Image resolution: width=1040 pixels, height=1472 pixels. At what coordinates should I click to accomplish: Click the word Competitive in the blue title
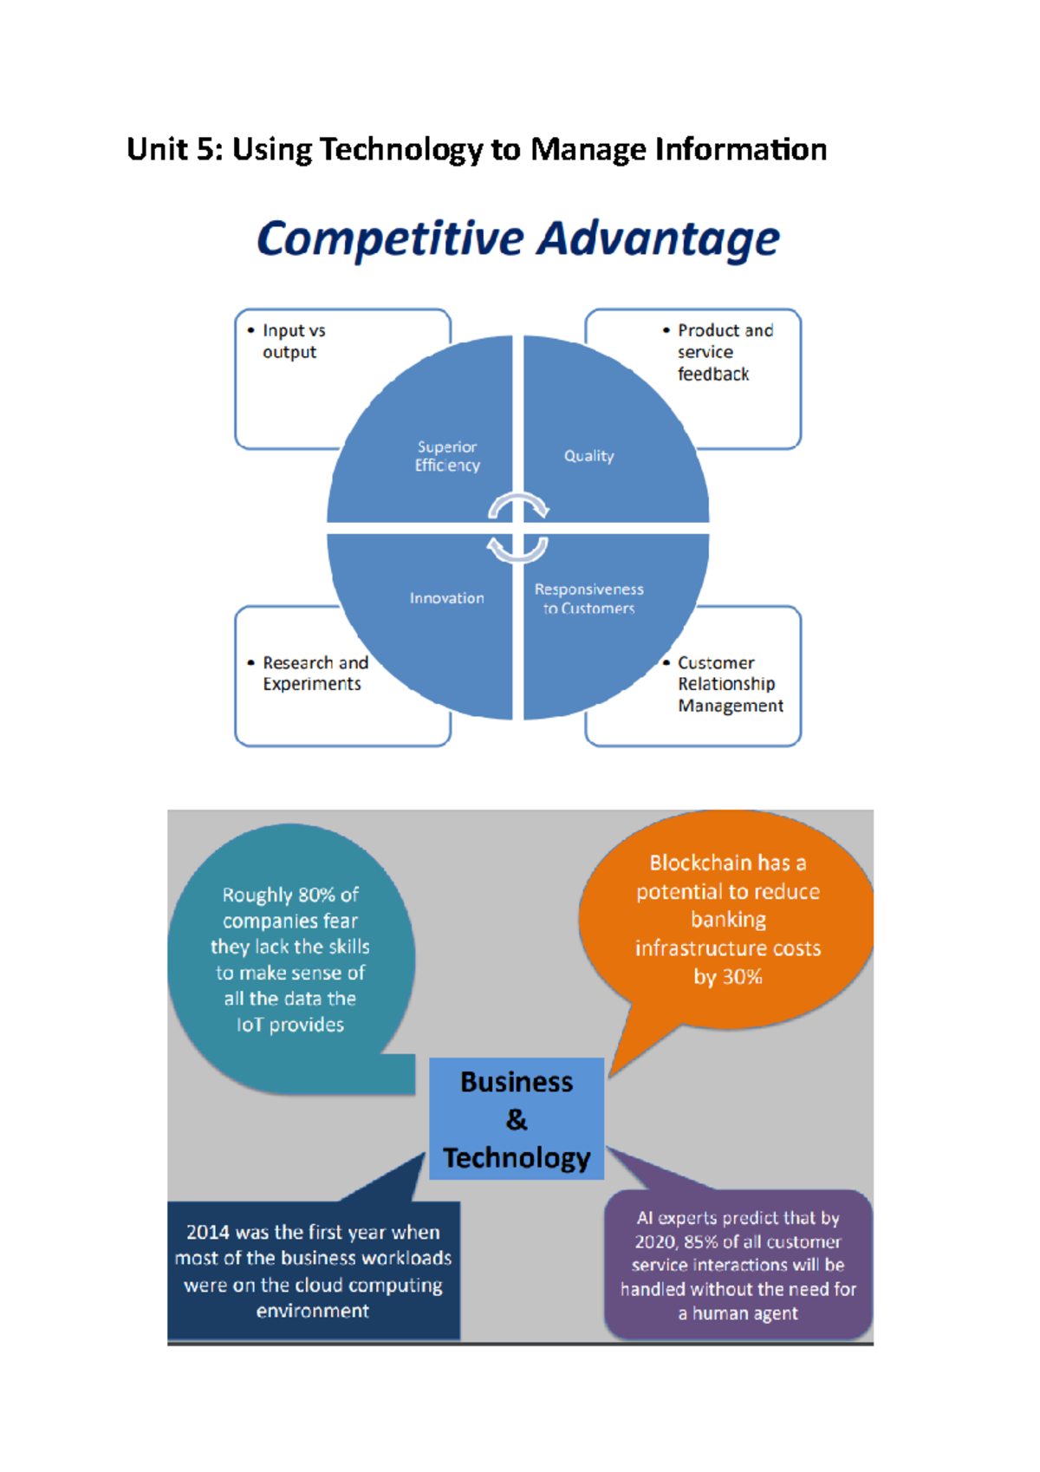(x=390, y=239)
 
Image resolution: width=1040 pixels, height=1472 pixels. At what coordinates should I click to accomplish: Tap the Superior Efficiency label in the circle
(x=446, y=456)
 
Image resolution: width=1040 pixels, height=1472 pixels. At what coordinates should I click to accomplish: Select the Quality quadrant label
(x=588, y=456)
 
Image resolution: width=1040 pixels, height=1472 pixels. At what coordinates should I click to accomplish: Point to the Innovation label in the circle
(x=446, y=598)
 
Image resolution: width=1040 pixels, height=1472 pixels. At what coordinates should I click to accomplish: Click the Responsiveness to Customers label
(x=588, y=599)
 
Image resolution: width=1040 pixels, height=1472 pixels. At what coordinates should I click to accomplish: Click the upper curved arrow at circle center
(x=518, y=505)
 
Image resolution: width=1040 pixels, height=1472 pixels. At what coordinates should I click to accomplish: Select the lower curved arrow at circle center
(x=517, y=550)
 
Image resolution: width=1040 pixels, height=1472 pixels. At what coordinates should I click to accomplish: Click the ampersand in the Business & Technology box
(x=517, y=1119)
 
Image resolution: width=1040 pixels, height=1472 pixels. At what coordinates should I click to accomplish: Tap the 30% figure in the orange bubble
(x=742, y=976)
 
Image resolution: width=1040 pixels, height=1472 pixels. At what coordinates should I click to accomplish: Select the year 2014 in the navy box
(x=208, y=1232)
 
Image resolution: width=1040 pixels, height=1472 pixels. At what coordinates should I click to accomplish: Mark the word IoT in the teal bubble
(x=250, y=1025)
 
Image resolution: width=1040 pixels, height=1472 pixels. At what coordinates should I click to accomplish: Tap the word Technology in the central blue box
(x=517, y=1158)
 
